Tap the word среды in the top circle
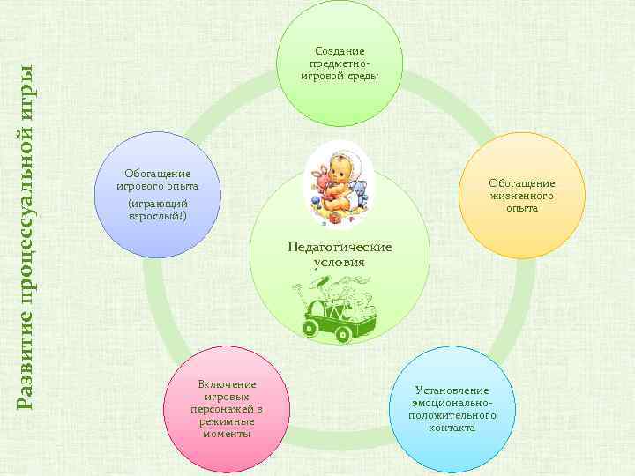(x=362, y=76)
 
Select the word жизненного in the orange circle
(x=522, y=196)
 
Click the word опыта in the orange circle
(x=522, y=208)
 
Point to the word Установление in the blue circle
(x=452, y=390)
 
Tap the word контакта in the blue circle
(x=452, y=428)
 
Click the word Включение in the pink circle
(x=227, y=383)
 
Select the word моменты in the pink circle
(x=227, y=434)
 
